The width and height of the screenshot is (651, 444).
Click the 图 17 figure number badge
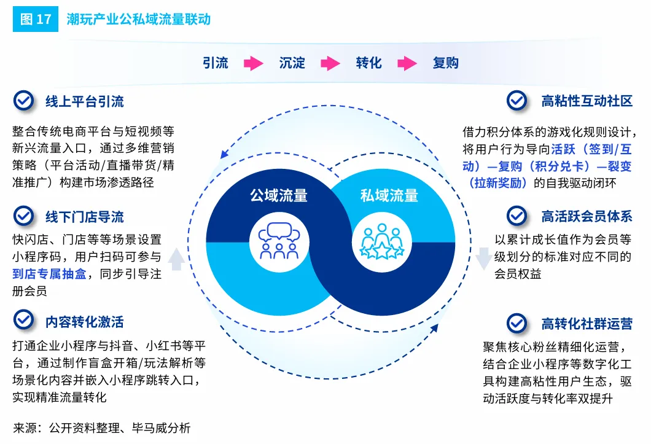coord(36,19)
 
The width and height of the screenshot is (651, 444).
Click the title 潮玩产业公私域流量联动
coord(138,19)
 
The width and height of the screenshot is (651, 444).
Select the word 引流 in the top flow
coord(215,63)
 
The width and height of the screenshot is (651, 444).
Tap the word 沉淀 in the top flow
coord(292,63)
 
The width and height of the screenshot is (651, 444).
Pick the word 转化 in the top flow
coord(368,63)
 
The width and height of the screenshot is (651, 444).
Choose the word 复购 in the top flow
coord(445,63)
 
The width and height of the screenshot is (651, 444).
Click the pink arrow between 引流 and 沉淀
coord(253,63)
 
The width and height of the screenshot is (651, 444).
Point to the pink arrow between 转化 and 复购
coord(407,63)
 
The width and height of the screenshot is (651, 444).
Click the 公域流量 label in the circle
coord(278,196)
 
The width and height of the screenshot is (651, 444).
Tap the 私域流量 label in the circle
coord(389,196)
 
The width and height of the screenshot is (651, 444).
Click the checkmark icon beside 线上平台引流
coord(23,101)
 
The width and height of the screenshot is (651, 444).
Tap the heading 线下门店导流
coord(84,217)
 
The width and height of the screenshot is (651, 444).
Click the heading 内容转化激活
coord(84,321)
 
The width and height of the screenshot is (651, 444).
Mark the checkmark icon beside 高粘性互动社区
coord(517,101)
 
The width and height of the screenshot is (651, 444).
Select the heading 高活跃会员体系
coord(587,216)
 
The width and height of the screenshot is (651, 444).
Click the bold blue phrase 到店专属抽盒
coord(50,275)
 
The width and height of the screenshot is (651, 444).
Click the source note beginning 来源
coord(101,428)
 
